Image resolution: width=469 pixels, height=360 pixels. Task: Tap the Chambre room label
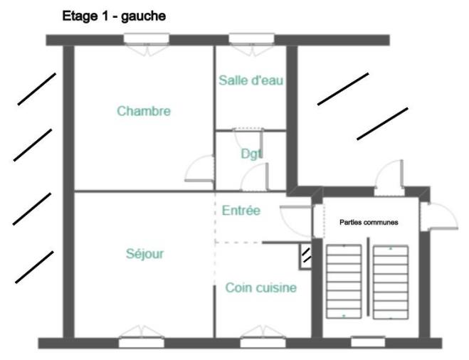click(144, 111)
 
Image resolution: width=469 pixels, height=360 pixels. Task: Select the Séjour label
click(144, 253)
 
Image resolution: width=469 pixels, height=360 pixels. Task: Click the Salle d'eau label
click(251, 80)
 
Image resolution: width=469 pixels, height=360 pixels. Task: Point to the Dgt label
click(251, 153)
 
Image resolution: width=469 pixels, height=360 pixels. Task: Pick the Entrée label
click(241, 211)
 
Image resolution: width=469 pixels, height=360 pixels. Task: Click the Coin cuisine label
click(260, 288)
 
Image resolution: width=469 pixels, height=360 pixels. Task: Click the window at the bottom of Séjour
click(140, 341)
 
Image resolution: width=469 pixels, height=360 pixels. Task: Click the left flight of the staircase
click(342, 280)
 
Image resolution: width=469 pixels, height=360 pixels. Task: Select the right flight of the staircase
click(391, 280)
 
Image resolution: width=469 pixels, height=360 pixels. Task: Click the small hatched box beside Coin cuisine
click(306, 254)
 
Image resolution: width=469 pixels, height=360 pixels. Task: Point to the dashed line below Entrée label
click(238, 243)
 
